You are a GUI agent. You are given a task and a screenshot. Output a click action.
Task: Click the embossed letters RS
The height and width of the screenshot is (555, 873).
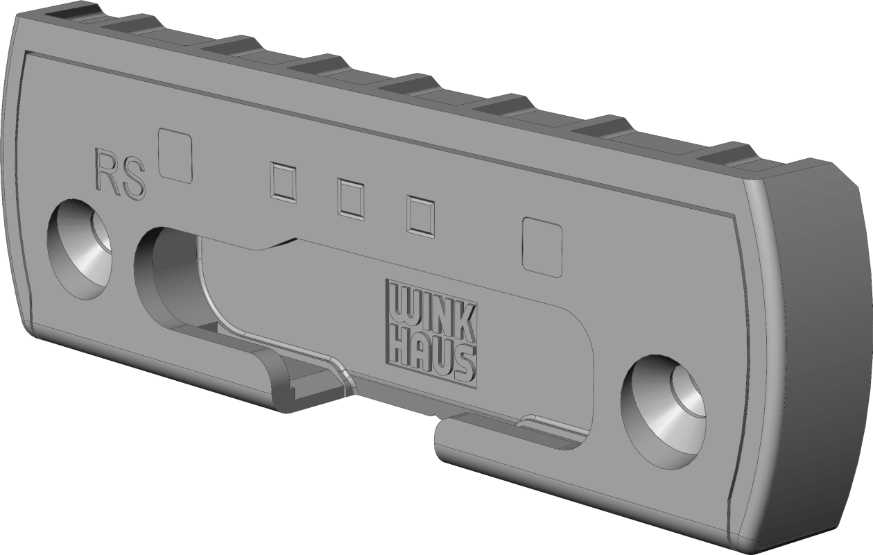[x=120, y=176]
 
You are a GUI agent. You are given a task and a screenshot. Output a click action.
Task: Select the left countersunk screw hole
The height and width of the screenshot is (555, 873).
[x=79, y=249]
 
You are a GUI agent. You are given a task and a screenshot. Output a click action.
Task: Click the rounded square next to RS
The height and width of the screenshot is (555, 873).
[x=175, y=155]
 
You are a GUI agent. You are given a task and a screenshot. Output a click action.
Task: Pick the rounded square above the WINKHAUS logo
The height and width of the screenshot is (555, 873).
[x=542, y=247]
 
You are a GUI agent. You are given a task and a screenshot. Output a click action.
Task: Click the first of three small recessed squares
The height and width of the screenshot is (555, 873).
[x=283, y=182]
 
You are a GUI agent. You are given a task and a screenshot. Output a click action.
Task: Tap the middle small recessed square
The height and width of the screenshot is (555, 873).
[x=351, y=199]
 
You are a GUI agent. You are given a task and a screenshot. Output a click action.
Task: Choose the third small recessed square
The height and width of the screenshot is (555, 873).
[x=420, y=217]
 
